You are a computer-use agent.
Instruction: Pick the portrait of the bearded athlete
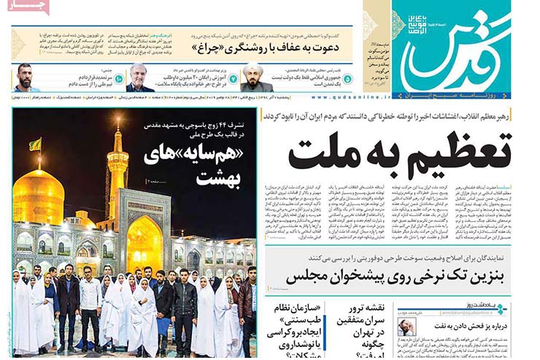pyautogui.click(x=26, y=77)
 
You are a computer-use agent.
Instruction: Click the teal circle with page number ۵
pyautogui.click(x=347, y=78)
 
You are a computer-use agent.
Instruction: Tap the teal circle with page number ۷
pyautogui.click(x=233, y=78)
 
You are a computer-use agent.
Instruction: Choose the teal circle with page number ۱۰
pyautogui.click(x=118, y=78)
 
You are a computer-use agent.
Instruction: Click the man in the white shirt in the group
pyautogui.click(x=90, y=299)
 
